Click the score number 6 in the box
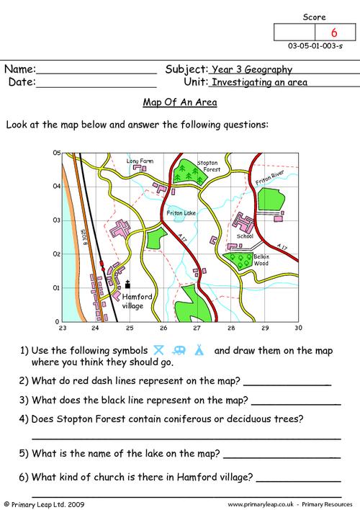click(x=333, y=33)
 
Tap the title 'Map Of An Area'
click(x=181, y=102)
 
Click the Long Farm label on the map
click(x=140, y=161)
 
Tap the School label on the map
click(x=245, y=236)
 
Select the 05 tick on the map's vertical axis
click(x=55, y=153)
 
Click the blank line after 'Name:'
click(x=96, y=73)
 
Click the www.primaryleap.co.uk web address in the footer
click(x=275, y=504)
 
